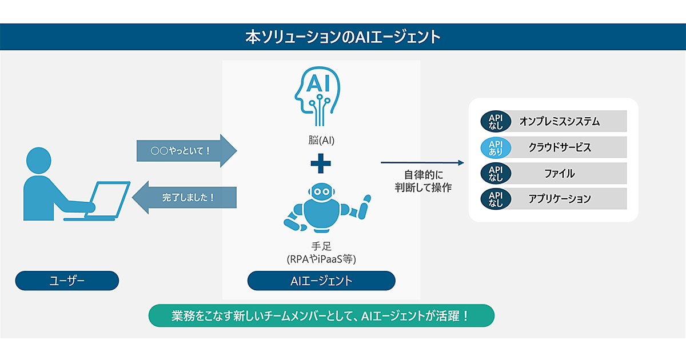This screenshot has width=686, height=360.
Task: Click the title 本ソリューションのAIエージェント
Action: click(x=342, y=37)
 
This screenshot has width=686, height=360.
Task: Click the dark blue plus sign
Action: click(x=321, y=164)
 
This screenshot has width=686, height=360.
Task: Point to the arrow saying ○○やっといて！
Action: click(x=186, y=151)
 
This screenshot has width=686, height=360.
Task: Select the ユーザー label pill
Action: click(x=67, y=281)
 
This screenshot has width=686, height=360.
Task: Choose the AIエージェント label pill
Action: click(x=321, y=281)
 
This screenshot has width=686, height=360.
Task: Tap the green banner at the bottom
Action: click(x=321, y=315)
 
